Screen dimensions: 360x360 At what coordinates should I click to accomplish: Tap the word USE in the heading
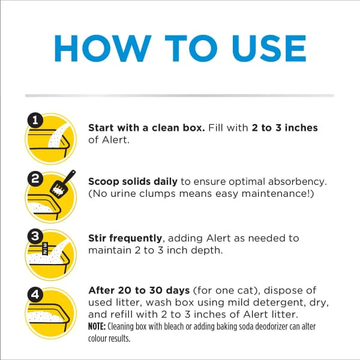(269, 48)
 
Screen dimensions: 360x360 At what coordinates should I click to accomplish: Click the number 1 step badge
(35, 120)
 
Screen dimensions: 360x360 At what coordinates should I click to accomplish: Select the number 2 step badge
(35, 179)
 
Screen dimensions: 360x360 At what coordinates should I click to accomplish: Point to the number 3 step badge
(35, 236)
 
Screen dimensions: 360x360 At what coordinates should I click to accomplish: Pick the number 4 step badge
(35, 295)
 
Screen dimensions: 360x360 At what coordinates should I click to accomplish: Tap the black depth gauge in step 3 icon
(45, 248)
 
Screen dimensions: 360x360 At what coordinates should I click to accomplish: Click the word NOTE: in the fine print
(97, 326)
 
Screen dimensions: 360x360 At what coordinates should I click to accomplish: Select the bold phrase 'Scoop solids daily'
(133, 181)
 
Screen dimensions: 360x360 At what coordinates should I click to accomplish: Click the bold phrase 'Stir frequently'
(125, 238)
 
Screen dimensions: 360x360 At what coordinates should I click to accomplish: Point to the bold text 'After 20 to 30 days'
(139, 290)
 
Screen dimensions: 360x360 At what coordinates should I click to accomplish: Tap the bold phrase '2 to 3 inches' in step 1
(284, 128)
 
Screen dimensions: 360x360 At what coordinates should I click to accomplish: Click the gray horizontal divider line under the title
(179, 95)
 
